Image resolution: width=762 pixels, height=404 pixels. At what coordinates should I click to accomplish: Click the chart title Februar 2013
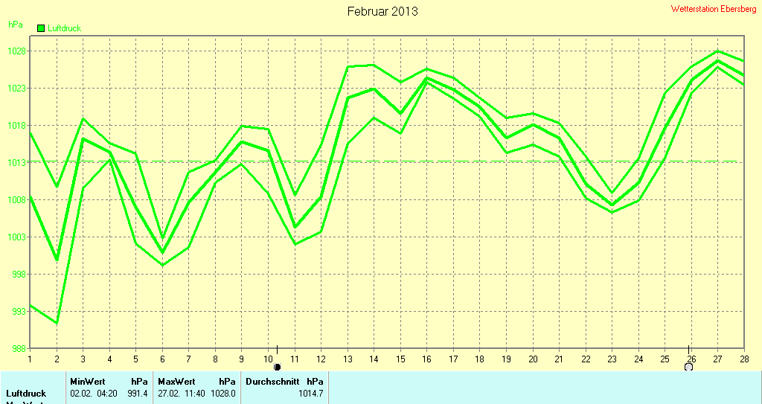coord(382,11)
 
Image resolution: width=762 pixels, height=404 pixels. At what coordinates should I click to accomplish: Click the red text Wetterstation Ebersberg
coord(713,9)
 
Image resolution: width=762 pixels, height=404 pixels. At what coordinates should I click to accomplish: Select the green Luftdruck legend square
coord(41,28)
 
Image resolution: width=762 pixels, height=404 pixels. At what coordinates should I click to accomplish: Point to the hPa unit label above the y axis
coord(15,25)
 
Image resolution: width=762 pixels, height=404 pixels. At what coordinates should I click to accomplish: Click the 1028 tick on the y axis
coord(17,51)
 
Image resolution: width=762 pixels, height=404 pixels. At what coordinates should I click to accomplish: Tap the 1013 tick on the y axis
coord(17,163)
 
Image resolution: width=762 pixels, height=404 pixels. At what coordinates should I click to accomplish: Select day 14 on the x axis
coord(374,359)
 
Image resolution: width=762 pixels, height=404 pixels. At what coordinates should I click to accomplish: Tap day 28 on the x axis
coord(743,359)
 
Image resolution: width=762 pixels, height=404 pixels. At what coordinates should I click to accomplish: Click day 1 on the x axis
coord(30,359)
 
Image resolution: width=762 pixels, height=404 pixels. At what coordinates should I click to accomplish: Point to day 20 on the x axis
coord(532,359)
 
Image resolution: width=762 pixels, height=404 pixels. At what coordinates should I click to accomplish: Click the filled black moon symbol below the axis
coord(277,367)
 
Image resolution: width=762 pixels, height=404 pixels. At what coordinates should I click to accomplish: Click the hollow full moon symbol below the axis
coord(689,366)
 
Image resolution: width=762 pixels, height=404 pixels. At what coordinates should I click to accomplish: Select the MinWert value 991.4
coord(138,393)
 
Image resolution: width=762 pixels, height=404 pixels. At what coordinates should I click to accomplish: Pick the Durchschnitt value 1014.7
coord(310,393)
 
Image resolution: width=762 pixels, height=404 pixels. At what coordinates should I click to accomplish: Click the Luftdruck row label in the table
coord(26,393)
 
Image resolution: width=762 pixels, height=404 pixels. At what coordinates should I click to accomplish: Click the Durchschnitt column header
coord(272,381)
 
